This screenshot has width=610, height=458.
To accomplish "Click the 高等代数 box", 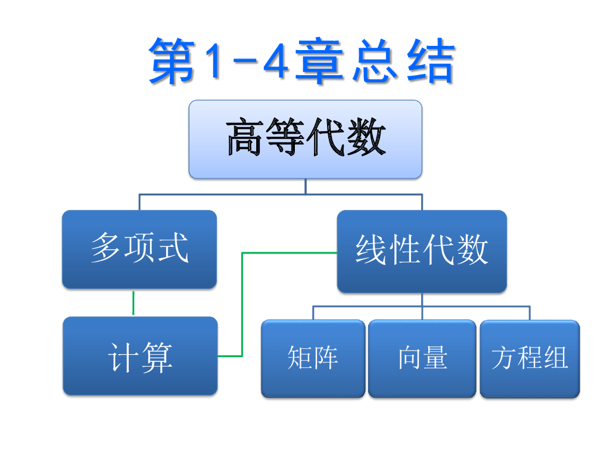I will tap(305, 139).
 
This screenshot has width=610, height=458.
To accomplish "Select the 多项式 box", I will tap(139, 249).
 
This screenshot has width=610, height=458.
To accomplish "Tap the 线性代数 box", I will tap(422, 251).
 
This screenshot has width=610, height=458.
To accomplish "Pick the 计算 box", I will tap(140, 356).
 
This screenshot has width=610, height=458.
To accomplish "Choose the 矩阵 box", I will tap(313, 358).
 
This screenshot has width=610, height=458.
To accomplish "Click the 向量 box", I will tap(422, 358).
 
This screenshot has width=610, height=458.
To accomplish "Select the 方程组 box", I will tap(530, 358).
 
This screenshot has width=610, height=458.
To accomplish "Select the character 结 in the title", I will tap(430, 61).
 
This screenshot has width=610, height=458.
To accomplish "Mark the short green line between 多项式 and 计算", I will tap(133, 303).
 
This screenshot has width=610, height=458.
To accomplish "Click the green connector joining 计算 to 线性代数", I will tap(242, 304).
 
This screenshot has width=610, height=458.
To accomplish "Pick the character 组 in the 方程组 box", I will tap(555, 358).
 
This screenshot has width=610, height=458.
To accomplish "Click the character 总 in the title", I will tap(374, 61).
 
